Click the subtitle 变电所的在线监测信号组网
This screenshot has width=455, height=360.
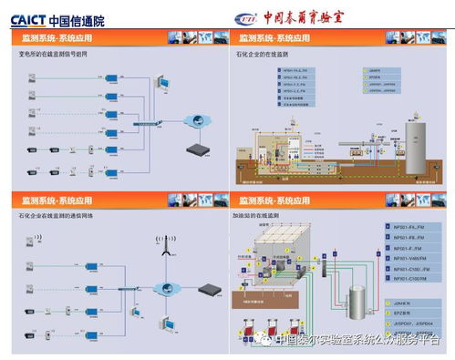[56, 55]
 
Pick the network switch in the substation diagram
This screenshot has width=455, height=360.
[145, 123]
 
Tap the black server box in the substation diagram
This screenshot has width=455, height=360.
[197, 148]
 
